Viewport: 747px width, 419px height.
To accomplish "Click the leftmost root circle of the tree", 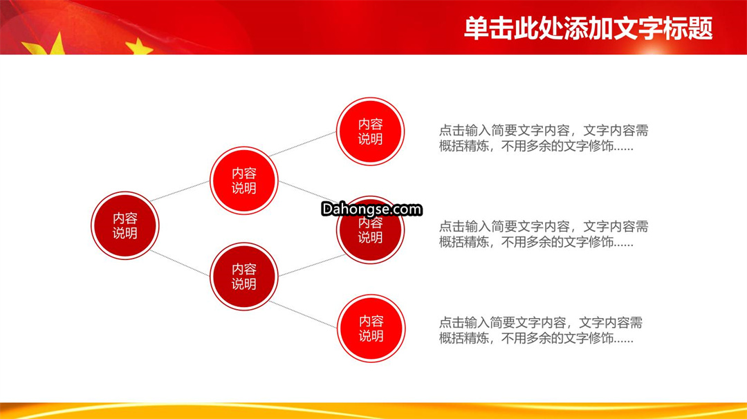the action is click(x=124, y=225).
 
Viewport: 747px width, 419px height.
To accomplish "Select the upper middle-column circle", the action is click(x=244, y=180).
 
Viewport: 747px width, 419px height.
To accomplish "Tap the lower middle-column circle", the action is click(x=244, y=277).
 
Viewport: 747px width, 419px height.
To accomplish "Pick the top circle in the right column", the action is click(x=370, y=131).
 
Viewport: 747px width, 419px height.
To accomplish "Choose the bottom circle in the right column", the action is click(x=371, y=328).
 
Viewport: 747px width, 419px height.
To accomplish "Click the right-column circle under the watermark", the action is click(x=370, y=230).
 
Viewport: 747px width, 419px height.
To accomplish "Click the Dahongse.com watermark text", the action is click(x=371, y=209).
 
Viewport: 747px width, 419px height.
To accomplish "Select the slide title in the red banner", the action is click(x=589, y=28).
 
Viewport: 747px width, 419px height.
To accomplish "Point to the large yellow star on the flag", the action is click(x=47, y=45).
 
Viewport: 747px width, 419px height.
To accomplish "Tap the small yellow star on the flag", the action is click(x=138, y=46).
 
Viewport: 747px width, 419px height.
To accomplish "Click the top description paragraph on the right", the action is click(x=544, y=138).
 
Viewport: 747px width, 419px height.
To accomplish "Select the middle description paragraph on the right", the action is click(x=544, y=234).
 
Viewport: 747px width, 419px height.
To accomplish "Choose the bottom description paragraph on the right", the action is click(x=541, y=330).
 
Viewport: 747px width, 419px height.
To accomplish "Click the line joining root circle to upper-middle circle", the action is click(x=180, y=191).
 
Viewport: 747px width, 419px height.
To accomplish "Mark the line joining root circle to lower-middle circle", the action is click(x=180, y=263).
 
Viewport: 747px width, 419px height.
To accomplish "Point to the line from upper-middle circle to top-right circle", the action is click(x=302, y=144).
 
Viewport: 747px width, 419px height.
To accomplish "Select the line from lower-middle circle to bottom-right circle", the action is click(x=304, y=314).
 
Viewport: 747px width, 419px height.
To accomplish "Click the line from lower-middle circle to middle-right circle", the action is click(x=312, y=266).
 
